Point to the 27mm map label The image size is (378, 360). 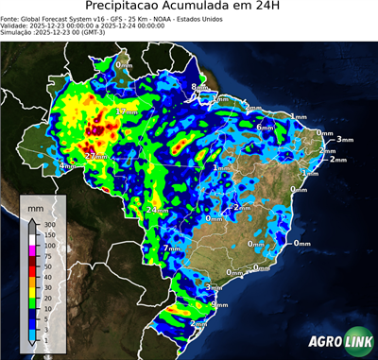95,156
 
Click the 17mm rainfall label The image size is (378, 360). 126,112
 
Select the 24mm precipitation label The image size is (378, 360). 157,209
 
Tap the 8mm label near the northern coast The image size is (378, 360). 197,88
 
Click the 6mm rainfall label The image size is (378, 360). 266,127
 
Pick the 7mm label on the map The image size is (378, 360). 172,249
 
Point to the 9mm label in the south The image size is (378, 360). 219,304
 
